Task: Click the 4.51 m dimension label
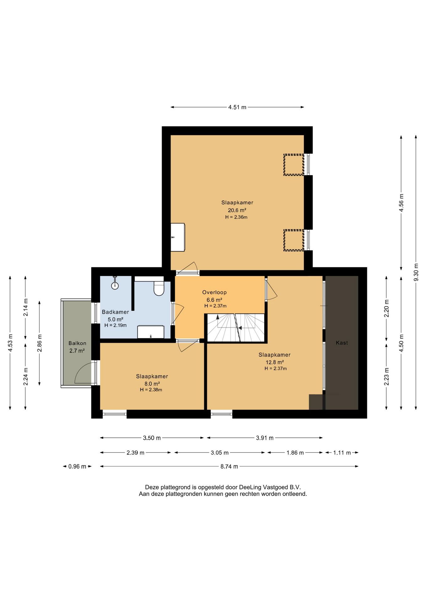point(237,107)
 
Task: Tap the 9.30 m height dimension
point(416,272)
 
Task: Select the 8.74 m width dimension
point(229,467)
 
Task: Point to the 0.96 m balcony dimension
point(77,467)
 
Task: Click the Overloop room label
point(214,292)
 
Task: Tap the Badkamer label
point(115,312)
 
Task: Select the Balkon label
point(77,343)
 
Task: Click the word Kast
point(342,343)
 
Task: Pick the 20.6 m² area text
point(237,210)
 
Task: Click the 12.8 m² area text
point(275,362)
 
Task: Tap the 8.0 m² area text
point(152,384)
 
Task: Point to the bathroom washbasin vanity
point(151,332)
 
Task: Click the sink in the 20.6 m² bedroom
point(178,237)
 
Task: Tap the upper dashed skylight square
point(294,165)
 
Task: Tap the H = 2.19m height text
point(115,325)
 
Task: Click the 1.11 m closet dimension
point(342,453)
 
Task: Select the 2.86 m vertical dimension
point(40,343)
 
